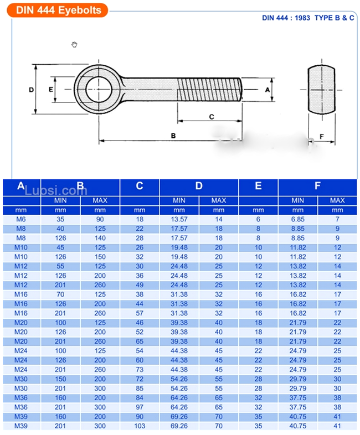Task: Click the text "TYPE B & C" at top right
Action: (334, 18)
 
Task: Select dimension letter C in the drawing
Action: (211, 116)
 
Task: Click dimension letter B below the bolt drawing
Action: (173, 135)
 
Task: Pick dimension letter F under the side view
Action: (322, 136)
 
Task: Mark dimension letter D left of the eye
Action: (32, 89)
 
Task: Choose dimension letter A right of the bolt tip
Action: (267, 89)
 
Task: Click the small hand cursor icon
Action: (75, 44)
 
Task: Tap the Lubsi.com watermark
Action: (63, 190)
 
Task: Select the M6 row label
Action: (21, 220)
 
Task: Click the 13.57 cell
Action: (179, 220)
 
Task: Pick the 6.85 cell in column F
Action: (298, 220)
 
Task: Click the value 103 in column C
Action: (139, 426)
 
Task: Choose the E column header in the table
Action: (258, 187)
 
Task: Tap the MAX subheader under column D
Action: (218, 200)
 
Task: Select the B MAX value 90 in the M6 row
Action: (100, 220)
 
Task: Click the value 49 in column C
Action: (139, 285)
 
